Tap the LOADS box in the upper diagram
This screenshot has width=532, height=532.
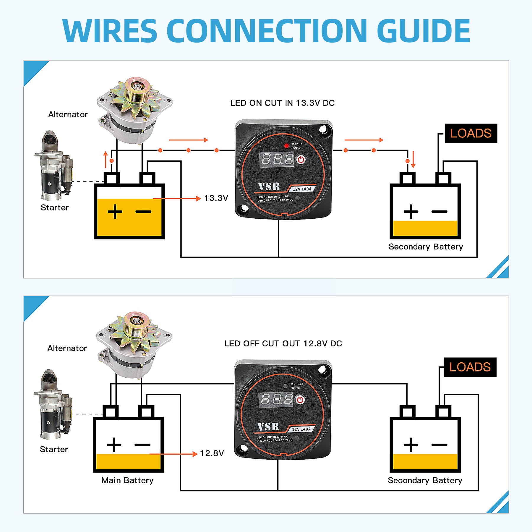pos(471,133)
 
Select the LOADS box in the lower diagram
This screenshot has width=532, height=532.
pos(470,367)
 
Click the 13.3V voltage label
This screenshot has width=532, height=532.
pos(216,198)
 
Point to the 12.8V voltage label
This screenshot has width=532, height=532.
pos(212,453)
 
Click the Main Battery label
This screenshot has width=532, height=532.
pos(127,480)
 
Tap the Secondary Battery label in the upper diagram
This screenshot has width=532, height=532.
pos(426,247)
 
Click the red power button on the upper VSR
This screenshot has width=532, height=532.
pos(301,160)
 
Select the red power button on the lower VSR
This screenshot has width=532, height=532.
pos(300,400)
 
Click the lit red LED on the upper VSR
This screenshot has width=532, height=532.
pos(286,146)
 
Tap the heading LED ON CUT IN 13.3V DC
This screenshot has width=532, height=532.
pos(282,103)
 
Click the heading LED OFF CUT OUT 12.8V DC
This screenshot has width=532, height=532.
pos(283,343)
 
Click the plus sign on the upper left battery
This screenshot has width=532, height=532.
pos(115,212)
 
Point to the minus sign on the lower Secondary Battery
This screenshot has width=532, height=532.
pos(439,445)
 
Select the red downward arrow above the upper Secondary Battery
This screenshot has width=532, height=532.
pos(413,160)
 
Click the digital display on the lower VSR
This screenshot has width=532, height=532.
pos(276,400)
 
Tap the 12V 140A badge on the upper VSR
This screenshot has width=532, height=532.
pos(302,189)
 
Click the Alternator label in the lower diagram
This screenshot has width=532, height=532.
pos(67,348)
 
